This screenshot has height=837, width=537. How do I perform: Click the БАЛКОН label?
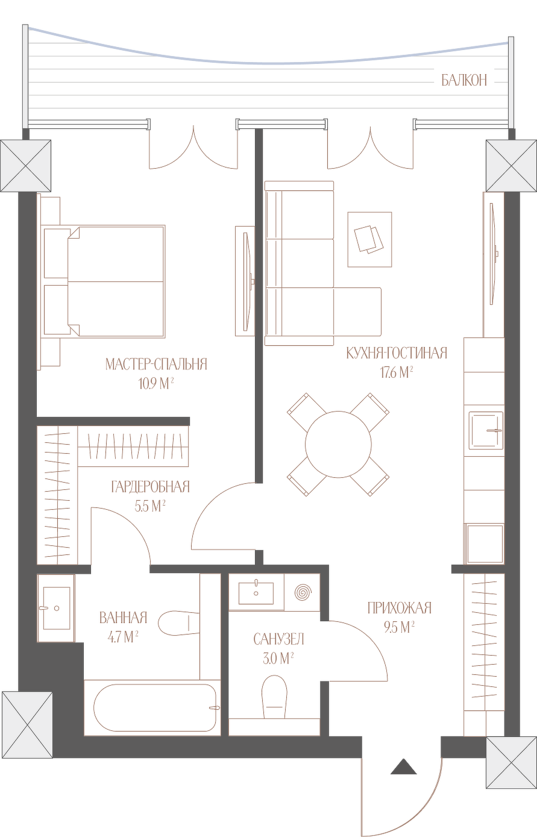pos(464,80)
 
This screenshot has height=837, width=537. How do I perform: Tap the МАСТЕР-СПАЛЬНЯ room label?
pos(156,364)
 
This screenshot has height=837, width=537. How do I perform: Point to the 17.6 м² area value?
pos(397,372)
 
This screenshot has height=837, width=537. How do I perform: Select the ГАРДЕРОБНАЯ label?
pos(150,487)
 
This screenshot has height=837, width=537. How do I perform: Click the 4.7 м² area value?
pos(123,637)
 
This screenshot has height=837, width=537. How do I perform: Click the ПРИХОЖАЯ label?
pos(400,608)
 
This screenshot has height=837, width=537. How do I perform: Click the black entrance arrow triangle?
pos(404,766)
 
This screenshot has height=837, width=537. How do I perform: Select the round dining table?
pos(338,444)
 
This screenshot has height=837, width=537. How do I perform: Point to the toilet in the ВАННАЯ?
pos(180,623)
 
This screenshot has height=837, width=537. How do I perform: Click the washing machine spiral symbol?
pos(303,592)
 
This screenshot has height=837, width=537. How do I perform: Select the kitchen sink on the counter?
pos(486,430)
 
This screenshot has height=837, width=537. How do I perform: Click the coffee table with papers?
pos(369,239)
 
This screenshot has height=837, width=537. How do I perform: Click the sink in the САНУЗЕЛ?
pos(256,592)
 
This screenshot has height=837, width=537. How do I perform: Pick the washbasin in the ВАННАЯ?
pos(57,608)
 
